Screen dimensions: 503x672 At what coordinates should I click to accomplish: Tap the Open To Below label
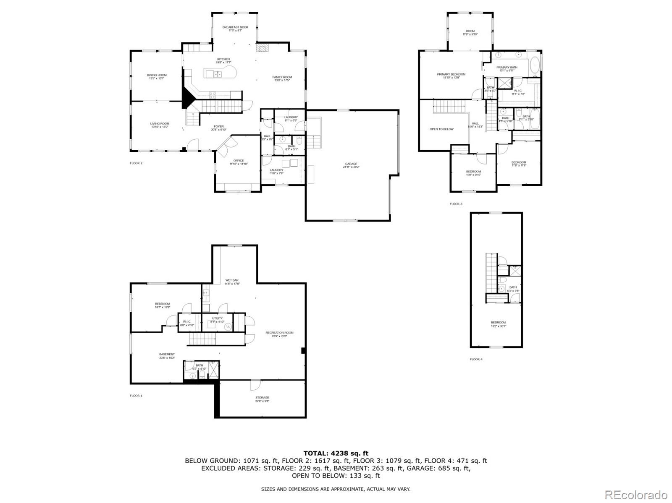pyautogui.click(x=441, y=129)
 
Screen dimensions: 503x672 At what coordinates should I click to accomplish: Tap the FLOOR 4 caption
pyautogui.click(x=476, y=360)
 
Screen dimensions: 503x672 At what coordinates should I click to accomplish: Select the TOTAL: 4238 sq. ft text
pyautogui.click(x=336, y=453)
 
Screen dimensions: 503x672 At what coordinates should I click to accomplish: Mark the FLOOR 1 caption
pyautogui.click(x=136, y=396)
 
